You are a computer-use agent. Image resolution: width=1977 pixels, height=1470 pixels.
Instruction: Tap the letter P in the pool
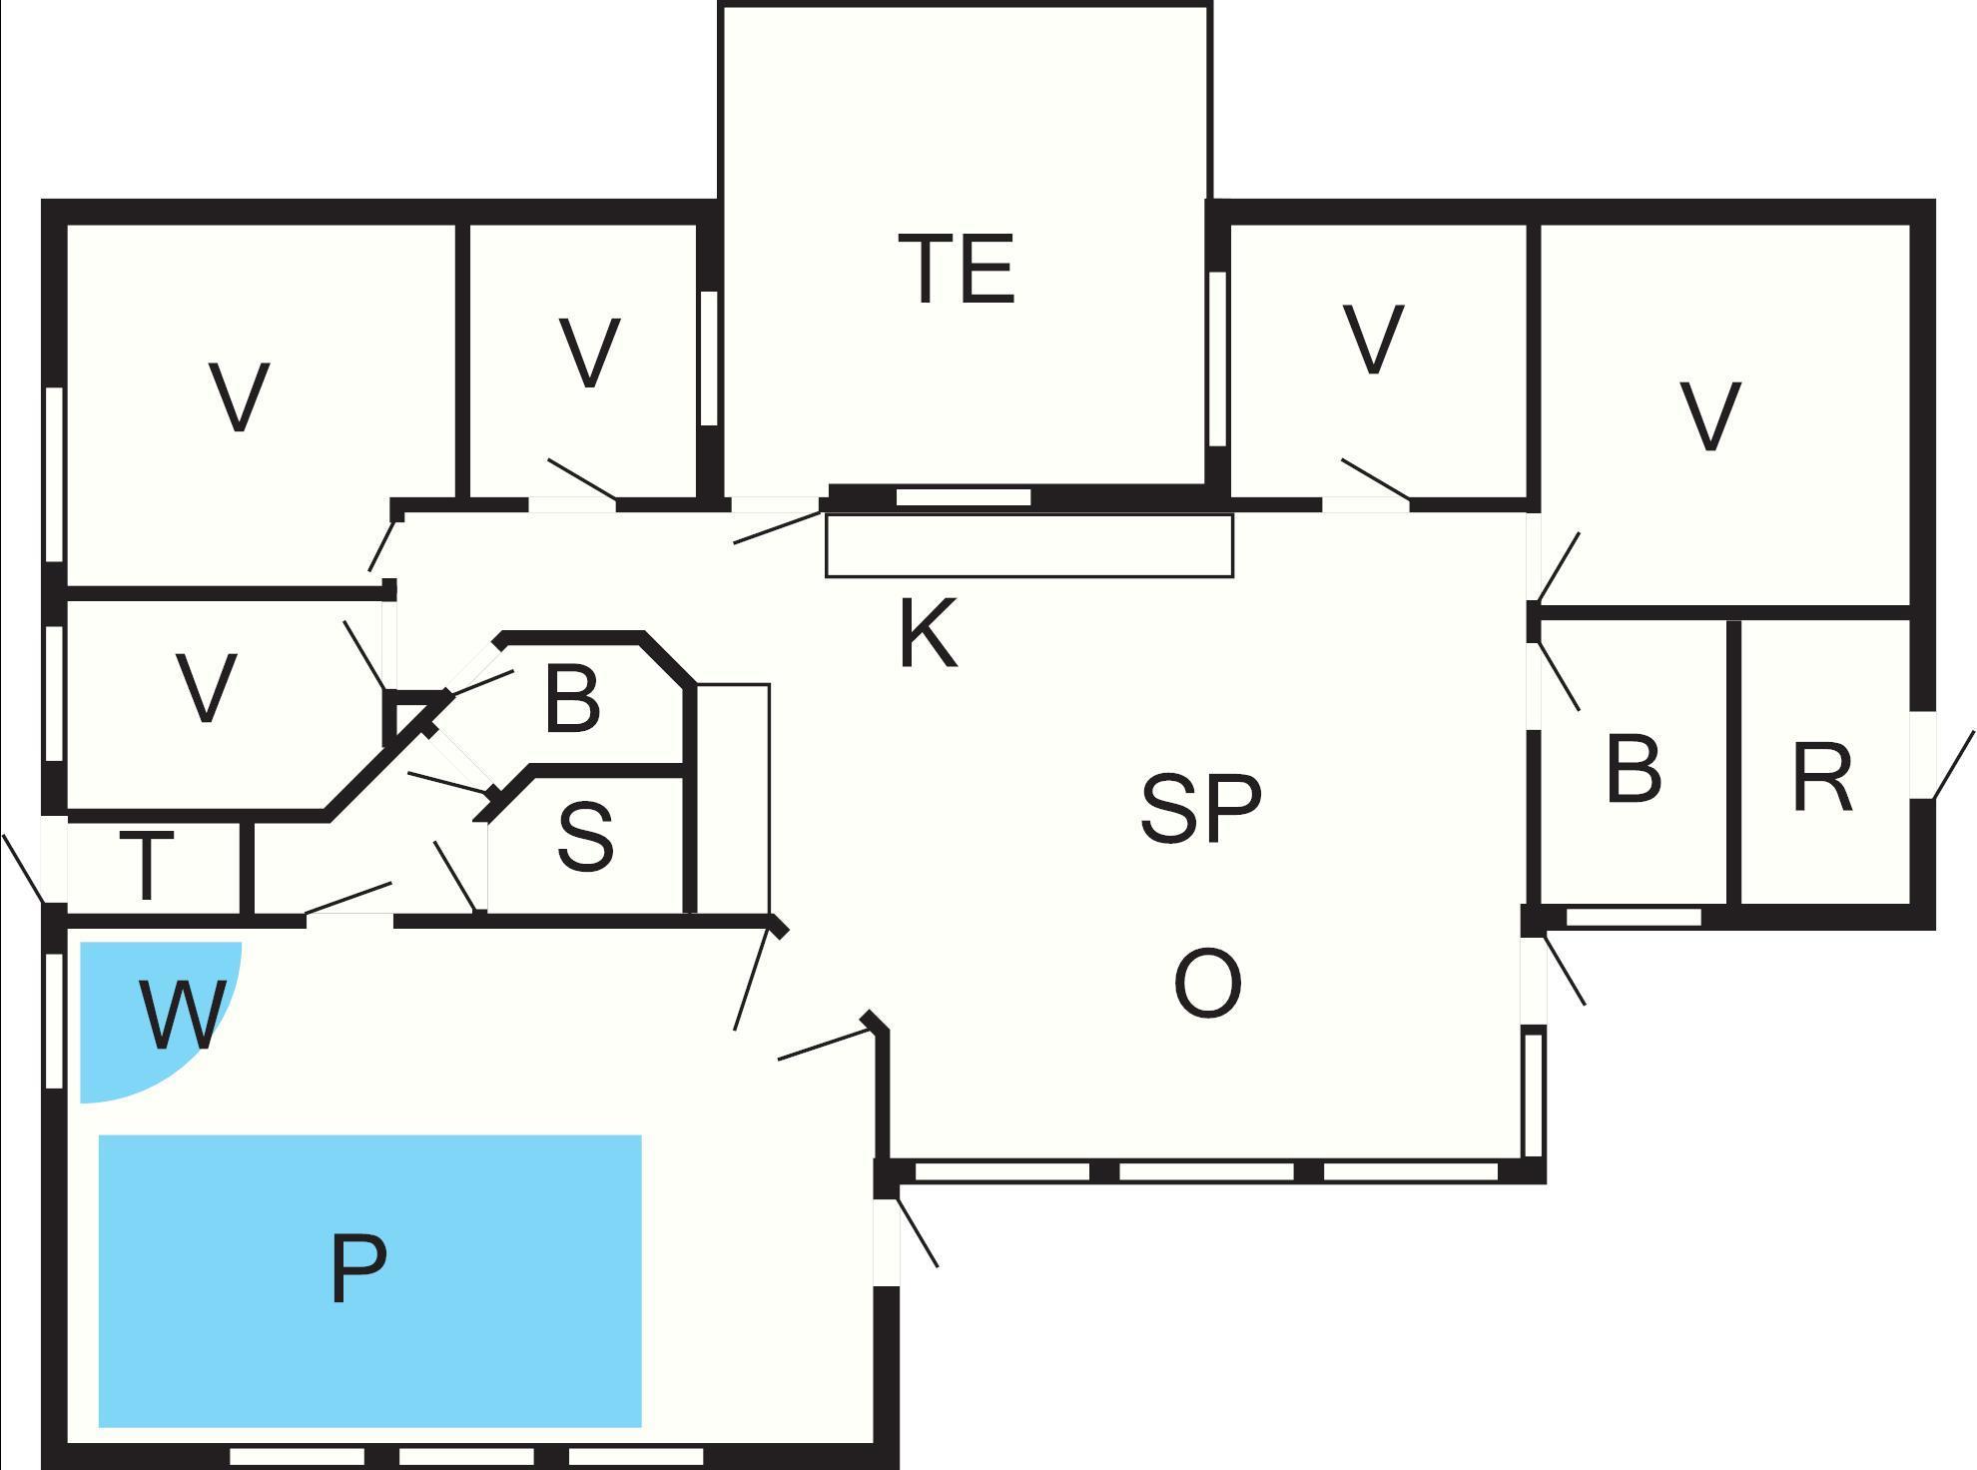click(x=358, y=1267)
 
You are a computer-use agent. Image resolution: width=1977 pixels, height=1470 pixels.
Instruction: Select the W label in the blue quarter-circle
click(x=181, y=1014)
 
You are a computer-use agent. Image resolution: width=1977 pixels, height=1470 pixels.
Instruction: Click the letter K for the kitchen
click(x=928, y=632)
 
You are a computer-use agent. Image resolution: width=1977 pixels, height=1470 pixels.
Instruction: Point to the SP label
click(x=1201, y=807)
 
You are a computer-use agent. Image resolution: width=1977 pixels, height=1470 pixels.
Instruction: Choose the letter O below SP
click(x=1207, y=984)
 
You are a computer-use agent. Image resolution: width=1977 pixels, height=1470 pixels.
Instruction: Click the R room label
click(x=1822, y=777)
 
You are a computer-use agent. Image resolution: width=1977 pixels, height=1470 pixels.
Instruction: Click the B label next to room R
click(x=1634, y=769)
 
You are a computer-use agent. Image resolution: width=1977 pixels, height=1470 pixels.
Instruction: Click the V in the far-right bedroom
click(x=1710, y=414)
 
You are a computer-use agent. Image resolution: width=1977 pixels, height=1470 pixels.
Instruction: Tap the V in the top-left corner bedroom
click(x=240, y=396)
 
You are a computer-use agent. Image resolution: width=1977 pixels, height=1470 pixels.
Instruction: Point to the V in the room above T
click(x=206, y=687)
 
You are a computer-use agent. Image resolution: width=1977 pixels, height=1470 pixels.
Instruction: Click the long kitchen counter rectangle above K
click(x=1029, y=545)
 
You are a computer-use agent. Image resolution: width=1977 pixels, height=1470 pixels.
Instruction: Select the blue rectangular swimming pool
click(x=369, y=1280)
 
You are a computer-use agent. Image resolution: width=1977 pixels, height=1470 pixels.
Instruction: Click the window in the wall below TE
click(x=964, y=496)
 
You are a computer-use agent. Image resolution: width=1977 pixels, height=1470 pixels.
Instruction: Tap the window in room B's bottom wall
click(x=1634, y=917)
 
